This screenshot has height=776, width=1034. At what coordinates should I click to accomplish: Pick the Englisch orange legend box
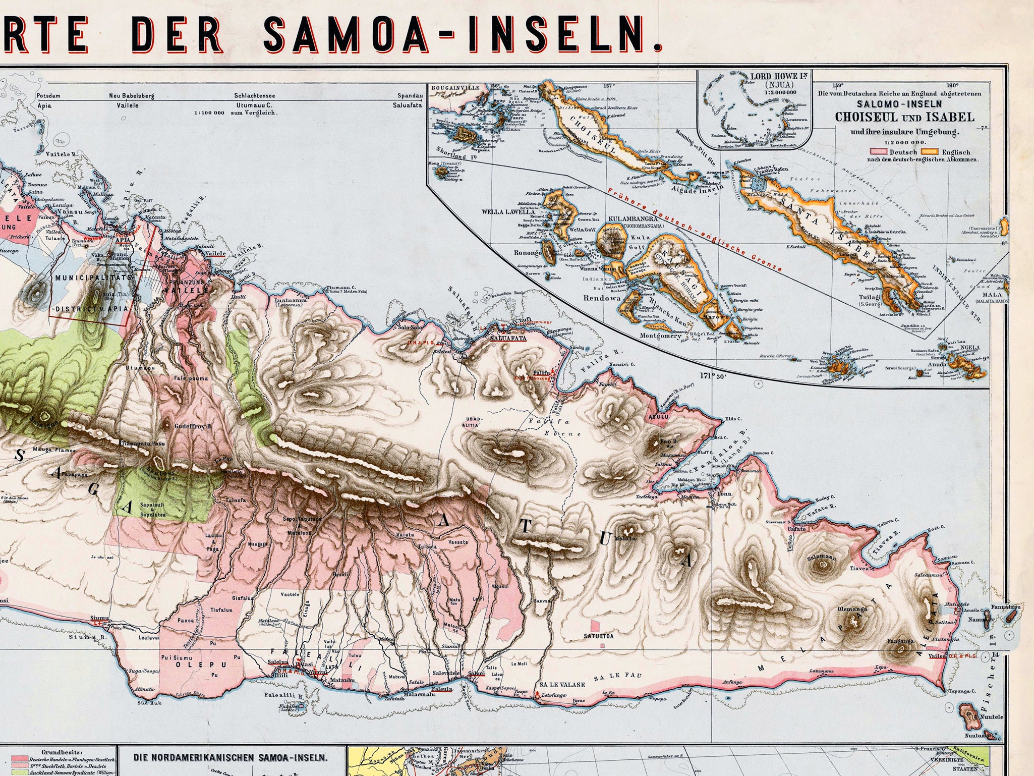click(x=930, y=151)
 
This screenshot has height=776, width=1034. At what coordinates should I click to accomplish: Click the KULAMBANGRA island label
click(x=633, y=219)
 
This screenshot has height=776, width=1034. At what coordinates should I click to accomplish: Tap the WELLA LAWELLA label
click(x=507, y=212)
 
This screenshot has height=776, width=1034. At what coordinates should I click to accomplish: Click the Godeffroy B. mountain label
click(x=193, y=426)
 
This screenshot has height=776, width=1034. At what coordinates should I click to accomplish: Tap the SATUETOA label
click(x=599, y=636)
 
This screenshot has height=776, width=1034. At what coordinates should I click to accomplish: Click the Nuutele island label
click(x=992, y=716)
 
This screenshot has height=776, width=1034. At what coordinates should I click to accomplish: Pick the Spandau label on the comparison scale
click(x=410, y=95)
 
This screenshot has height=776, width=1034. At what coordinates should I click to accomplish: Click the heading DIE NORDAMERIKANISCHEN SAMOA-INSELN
click(x=231, y=757)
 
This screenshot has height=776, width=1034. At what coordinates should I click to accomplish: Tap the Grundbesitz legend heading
click(x=59, y=752)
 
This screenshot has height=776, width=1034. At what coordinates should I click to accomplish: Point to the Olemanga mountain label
click(x=852, y=609)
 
